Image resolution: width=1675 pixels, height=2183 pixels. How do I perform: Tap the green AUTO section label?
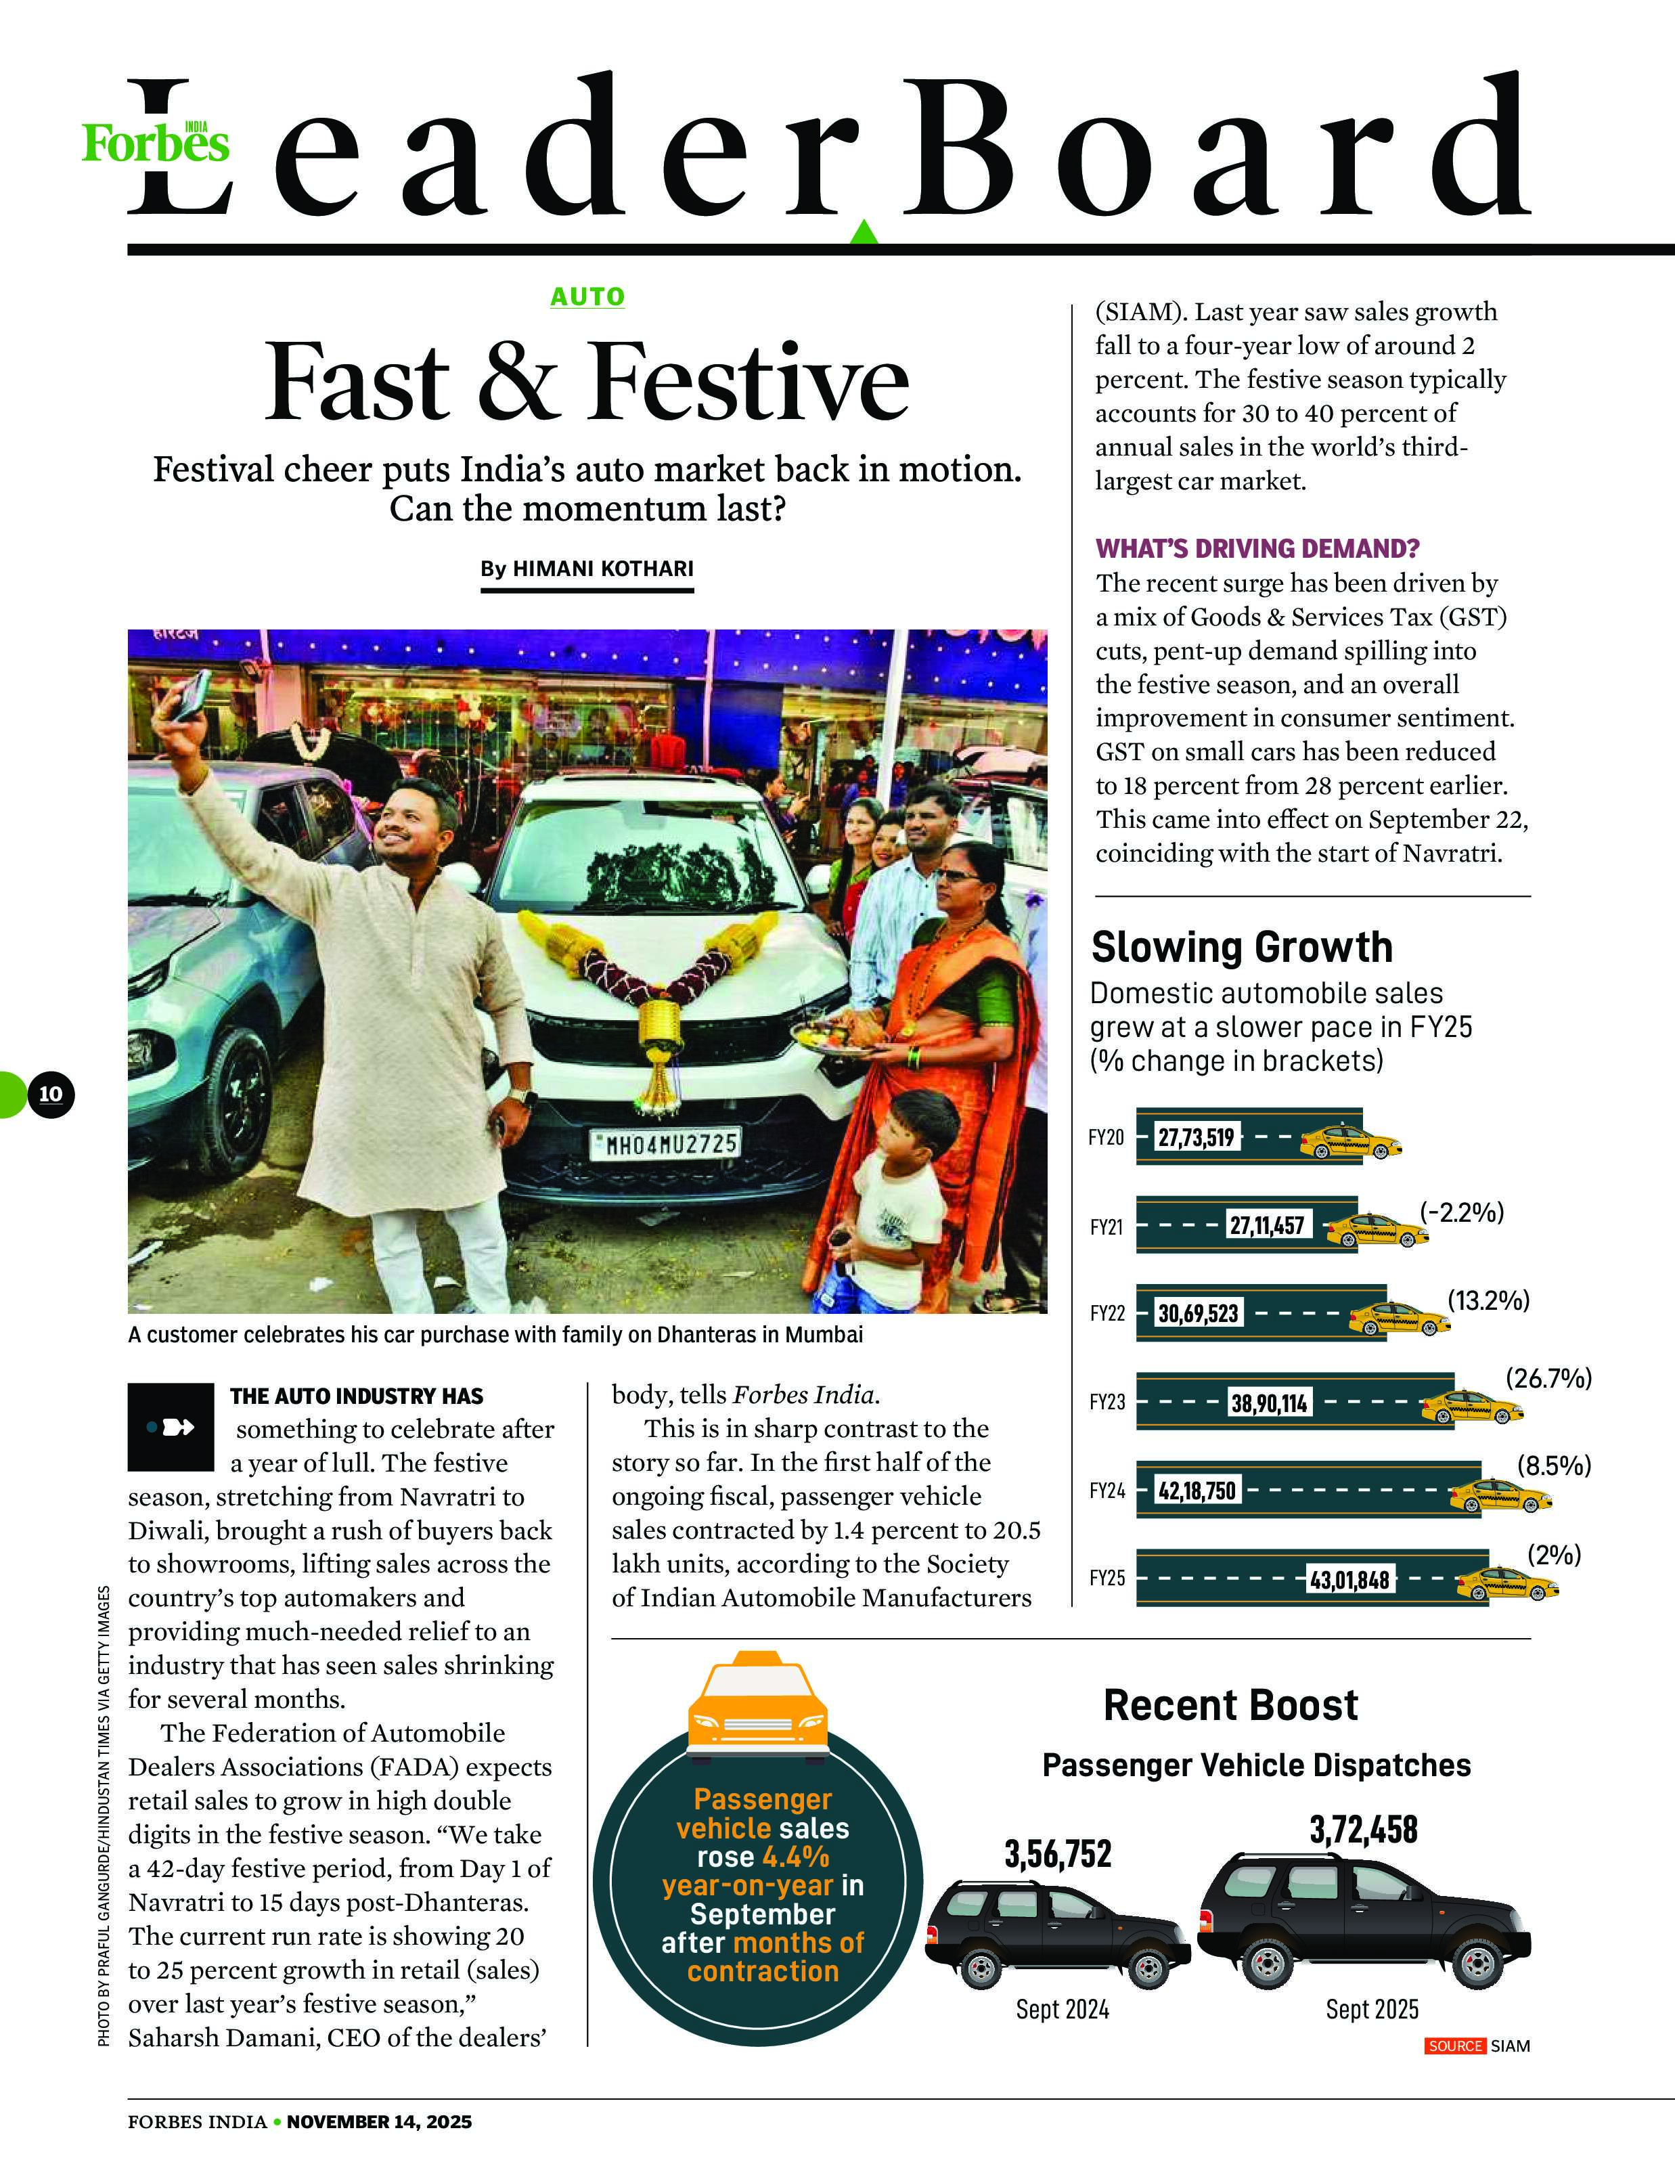[x=587, y=296]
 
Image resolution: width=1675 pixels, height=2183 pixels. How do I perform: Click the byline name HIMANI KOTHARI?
[x=602, y=569]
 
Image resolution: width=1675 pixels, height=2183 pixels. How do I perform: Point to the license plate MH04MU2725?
[x=665, y=1143]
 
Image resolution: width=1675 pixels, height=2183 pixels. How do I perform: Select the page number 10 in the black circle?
[x=51, y=1094]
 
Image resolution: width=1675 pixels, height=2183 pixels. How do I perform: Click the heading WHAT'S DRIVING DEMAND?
[x=1257, y=548]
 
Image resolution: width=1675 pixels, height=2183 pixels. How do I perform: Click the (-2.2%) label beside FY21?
[x=1462, y=1213]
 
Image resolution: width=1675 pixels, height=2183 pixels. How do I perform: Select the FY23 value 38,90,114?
[x=1268, y=1404]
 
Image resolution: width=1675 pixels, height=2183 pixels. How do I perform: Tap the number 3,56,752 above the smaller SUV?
[x=1057, y=1854]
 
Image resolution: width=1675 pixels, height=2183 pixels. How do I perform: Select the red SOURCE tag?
[x=1454, y=2046]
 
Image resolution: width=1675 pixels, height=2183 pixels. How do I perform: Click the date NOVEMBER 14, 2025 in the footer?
[x=379, y=2122]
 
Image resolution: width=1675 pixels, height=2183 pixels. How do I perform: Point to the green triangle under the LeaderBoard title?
[x=864, y=231]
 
